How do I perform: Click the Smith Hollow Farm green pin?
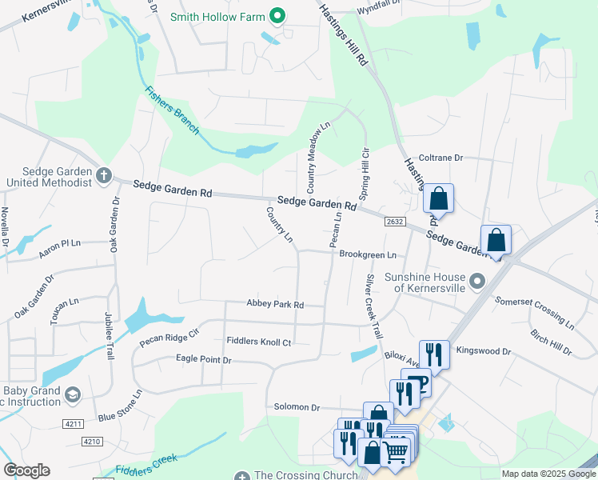278,15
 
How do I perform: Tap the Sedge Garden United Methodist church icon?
104,175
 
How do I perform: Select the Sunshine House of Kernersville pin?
477,281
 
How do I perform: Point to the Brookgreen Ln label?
368,254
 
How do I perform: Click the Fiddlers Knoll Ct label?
258,342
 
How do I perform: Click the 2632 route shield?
394,222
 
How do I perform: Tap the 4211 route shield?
72,424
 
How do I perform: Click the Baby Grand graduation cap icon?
73,394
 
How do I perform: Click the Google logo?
26,470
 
